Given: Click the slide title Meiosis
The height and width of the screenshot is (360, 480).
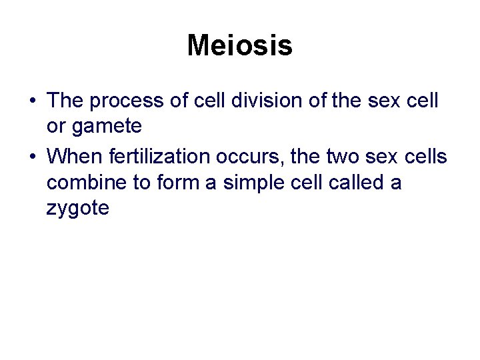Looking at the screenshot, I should coord(239,46).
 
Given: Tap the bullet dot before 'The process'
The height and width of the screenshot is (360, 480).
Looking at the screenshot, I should coord(33,101).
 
